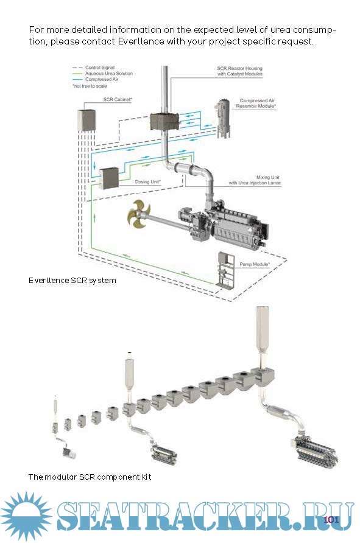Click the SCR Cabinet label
pos(118,99)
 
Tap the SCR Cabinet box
pos(86,120)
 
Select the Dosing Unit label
pos(147,181)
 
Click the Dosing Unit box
pos(109,178)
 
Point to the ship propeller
pos(139,215)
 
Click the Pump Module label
pos(255,264)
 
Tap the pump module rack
pos(225,270)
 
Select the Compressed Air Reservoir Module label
pos(256,103)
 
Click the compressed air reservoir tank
pos(223,119)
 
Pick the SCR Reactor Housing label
pos(240,71)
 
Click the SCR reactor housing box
pos(164,121)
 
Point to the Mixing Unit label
pos(255,180)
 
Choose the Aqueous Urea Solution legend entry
pos(109,74)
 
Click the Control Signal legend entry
pos(100,68)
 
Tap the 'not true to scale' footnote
pos(90,86)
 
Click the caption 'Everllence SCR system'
pos(72,281)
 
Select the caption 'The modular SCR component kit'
pos(90,477)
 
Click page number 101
pos(331,519)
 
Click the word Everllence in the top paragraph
pos(141,41)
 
